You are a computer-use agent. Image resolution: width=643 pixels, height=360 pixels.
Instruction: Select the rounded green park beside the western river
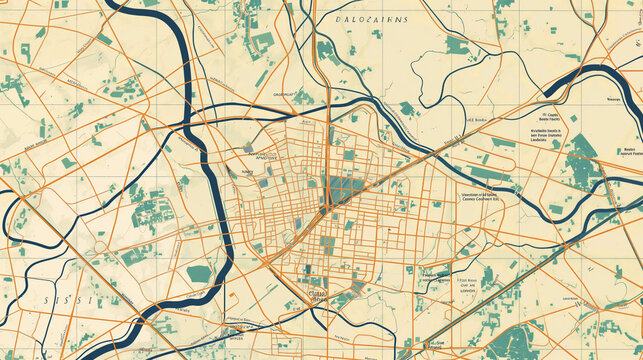pyautogui.click(x=200, y=273)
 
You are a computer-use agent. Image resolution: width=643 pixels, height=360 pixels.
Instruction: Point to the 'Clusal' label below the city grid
pyautogui.click(x=318, y=295)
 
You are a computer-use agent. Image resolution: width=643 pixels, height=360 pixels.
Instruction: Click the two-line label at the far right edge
pyautogui.click(x=628, y=151)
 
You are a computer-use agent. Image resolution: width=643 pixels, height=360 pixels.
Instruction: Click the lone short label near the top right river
pyautogui.click(x=613, y=100)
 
